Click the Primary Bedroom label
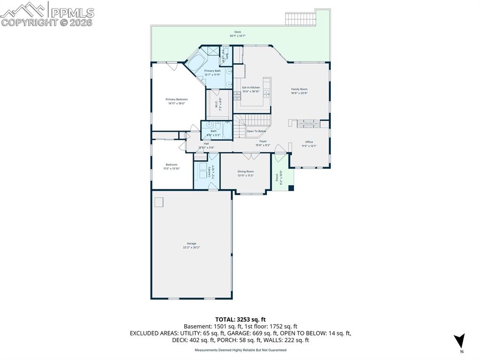[176, 100]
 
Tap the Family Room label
[299, 89]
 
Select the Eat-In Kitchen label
[251, 88]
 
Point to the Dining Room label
[245, 172]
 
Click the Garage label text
[191, 244]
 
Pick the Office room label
[309, 142]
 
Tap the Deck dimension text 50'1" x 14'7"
[238, 36]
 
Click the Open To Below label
[256, 131]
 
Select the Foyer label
[263, 141]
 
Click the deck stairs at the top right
[302, 18]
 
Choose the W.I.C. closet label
[217, 103]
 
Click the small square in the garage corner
[159, 202]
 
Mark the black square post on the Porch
[291, 188]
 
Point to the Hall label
[206, 144]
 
